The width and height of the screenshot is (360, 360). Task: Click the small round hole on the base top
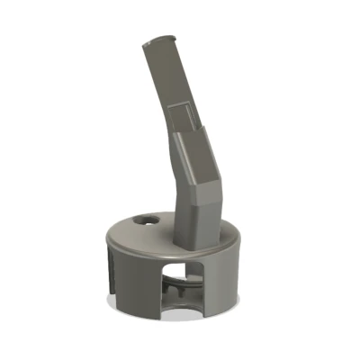[x=144, y=219]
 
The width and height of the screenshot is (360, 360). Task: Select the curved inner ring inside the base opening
[x=184, y=297]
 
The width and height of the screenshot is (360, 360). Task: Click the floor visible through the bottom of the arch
[x=184, y=310]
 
